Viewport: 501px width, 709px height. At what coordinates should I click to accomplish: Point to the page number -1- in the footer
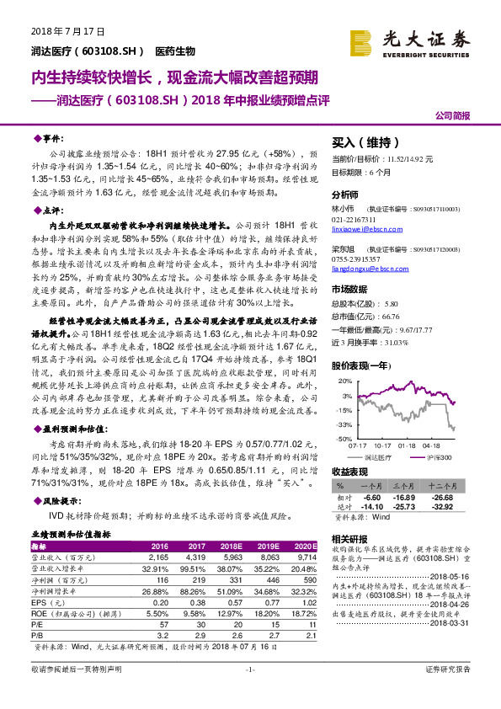click(x=249, y=691)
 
